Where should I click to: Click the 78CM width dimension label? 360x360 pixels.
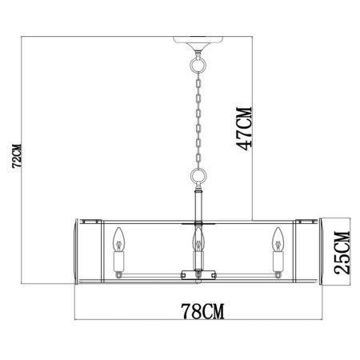(202, 311)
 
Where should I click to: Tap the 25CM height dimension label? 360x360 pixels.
(342, 253)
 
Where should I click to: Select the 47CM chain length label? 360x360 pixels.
(244, 129)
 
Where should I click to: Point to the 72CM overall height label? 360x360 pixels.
(17, 156)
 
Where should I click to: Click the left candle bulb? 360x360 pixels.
(118, 239)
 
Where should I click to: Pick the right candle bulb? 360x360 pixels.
(278, 239)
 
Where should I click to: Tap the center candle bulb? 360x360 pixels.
(198, 239)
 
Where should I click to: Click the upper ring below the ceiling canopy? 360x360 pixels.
(198, 64)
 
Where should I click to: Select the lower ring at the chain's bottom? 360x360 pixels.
(198, 176)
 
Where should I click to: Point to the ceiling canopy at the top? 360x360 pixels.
(198, 43)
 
